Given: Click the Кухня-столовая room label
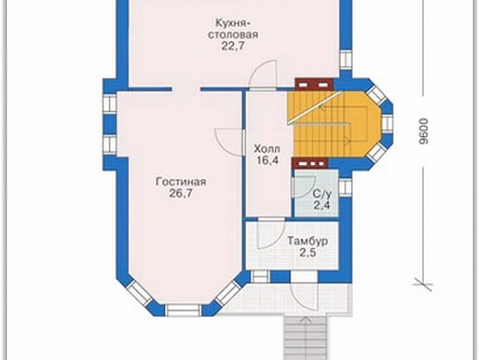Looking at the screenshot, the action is point(233,29).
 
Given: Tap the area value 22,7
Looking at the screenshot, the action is point(233,46).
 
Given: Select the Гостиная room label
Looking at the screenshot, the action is point(181,182).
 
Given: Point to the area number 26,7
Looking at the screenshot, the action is point(181,193).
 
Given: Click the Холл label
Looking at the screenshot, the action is point(267,149).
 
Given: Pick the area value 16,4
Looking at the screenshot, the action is point(267,160).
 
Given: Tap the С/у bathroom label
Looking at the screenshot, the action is point(322,194).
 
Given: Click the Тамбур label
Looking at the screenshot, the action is point(307,241).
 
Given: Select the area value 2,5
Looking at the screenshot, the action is point(308,253).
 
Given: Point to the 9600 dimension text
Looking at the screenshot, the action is point(424,131).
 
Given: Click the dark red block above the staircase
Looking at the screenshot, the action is point(314,84).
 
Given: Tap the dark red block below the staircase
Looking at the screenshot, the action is point(310,163).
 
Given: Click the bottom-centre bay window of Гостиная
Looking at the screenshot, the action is point(184,310).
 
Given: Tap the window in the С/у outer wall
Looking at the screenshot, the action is point(345,187).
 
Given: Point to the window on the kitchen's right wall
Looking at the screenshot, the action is point(346,60).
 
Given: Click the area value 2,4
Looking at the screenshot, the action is point(322,205).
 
